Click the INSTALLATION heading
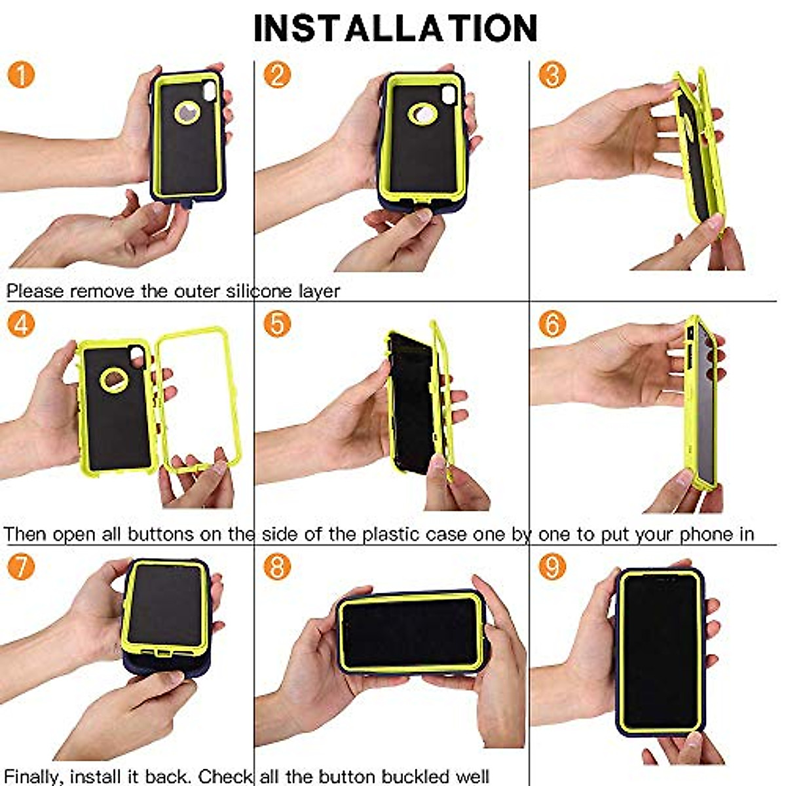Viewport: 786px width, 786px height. (x=395, y=28)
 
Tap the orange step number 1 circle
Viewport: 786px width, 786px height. (x=21, y=75)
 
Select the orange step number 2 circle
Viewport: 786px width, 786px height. (x=277, y=75)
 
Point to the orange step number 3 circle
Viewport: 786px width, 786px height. (x=552, y=75)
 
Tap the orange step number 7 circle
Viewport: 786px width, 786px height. (x=21, y=567)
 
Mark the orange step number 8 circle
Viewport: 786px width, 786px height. (x=277, y=567)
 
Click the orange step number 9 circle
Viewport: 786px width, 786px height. (x=552, y=567)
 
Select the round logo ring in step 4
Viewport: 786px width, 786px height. (x=115, y=379)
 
